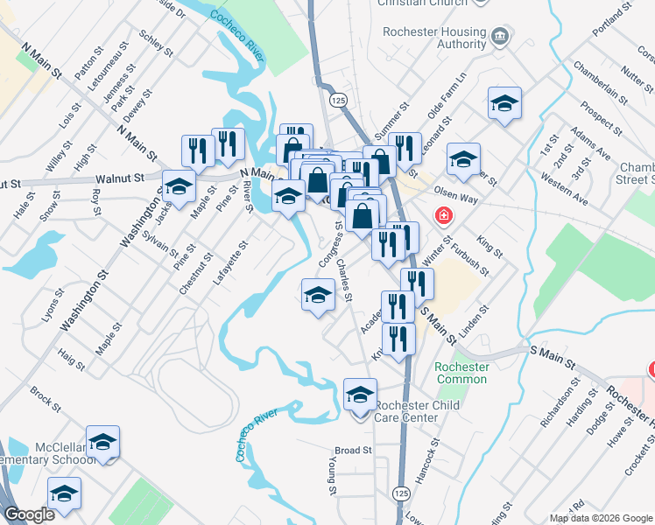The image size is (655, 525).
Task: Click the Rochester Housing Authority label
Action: point(434,38)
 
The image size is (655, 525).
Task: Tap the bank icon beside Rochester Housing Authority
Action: point(500,36)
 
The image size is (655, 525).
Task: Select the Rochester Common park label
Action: point(461,373)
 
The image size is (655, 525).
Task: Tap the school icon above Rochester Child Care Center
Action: point(360,395)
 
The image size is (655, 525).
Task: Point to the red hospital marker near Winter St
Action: point(445,215)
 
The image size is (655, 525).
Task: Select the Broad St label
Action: point(354,451)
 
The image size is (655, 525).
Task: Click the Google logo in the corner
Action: point(29,514)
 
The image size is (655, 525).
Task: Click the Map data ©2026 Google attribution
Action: point(600,518)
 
